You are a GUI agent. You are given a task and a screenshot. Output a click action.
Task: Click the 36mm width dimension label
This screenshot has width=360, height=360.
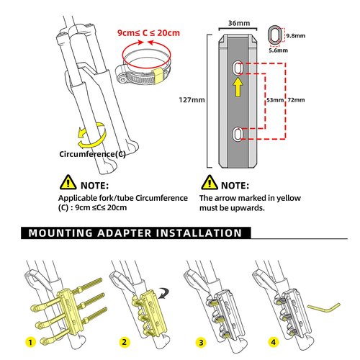pos(239,23)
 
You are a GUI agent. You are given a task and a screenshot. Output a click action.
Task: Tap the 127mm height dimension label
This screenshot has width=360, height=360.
pos(192,100)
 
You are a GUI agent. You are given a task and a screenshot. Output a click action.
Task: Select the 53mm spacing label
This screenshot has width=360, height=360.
pos(275,100)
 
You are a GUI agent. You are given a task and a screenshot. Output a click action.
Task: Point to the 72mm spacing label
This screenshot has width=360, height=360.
pos(296,100)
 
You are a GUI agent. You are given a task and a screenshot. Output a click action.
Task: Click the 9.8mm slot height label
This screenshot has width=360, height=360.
pos(296,36)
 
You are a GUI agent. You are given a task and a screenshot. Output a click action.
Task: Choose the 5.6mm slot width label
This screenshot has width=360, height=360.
pos(278,50)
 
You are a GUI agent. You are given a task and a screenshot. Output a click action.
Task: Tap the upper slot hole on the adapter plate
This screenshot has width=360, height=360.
pos(238,68)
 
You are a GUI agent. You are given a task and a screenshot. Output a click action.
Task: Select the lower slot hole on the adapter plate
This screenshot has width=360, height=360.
pos(238,134)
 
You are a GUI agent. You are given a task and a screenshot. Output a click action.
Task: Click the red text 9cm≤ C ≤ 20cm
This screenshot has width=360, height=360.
pos(148,33)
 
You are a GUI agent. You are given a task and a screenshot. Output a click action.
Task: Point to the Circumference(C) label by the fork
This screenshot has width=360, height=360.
pos(92,154)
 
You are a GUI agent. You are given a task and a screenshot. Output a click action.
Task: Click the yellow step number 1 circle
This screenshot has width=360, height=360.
pos(30,342)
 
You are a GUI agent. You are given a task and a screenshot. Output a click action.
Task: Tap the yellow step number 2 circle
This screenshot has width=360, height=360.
pos(125,342)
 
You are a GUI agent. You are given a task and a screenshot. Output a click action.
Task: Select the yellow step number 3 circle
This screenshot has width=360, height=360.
pos(201,342)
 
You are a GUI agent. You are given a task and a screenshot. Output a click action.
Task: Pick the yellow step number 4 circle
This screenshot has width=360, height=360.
pos(273,342)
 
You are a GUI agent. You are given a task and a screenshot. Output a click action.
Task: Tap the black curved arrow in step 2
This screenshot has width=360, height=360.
pos(163,292)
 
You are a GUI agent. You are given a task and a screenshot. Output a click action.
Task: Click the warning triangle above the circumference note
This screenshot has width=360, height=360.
pos(68,182)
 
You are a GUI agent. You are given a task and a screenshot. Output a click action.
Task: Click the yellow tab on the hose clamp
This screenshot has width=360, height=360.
pos(158,76)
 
